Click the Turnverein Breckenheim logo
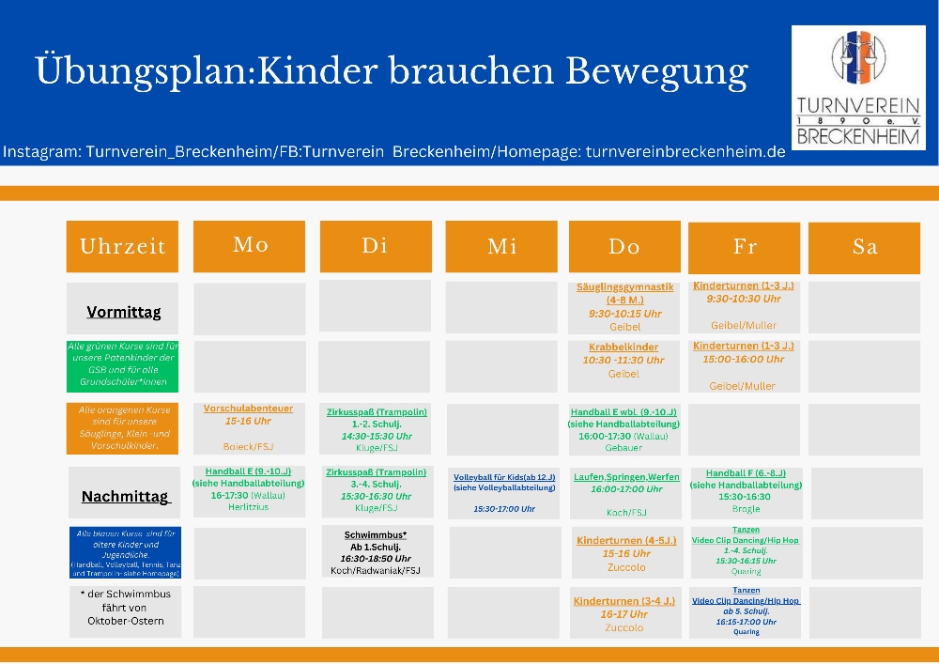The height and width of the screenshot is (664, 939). (x=858, y=87)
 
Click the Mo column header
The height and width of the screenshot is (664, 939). (x=250, y=246)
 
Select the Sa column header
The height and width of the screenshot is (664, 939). (x=864, y=247)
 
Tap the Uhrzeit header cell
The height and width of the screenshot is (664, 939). (x=122, y=247)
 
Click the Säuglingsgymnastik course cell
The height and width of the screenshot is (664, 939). (x=624, y=307)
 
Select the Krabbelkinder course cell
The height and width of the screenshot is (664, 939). (x=624, y=361)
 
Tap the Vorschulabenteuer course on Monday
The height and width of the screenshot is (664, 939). (x=248, y=427)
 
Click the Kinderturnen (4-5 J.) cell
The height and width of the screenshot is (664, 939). (x=626, y=553)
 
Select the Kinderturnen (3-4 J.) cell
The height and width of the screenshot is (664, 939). (x=625, y=613)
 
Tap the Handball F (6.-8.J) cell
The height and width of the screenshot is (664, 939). (x=747, y=491)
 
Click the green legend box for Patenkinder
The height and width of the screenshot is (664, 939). (x=122, y=365)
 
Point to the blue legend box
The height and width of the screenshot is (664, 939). (x=123, y=552)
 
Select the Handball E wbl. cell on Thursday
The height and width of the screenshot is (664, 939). (x=624, y=429)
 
